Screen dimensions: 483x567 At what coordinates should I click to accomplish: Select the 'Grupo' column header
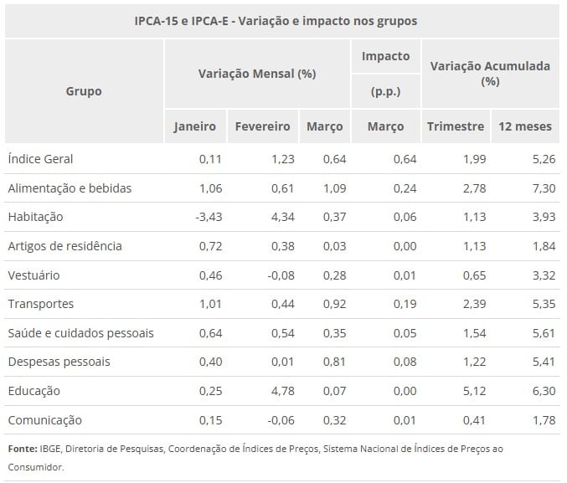(84, 90)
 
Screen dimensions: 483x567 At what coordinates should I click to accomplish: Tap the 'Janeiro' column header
(194, 126)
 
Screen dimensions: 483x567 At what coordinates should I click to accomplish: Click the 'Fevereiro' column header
(262, 126)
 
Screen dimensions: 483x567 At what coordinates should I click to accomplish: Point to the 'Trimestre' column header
(456, 126)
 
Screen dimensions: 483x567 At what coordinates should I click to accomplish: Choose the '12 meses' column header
(525, 126)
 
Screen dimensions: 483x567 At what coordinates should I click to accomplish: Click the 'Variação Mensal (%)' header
(256, 73)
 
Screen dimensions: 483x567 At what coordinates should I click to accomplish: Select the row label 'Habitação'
(35, 217)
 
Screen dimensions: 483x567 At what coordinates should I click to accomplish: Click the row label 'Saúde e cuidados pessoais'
(80, 333)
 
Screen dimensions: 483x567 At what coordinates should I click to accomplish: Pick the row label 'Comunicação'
(44, 420)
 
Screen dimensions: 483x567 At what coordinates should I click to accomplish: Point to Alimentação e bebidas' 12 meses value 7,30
(543, 188)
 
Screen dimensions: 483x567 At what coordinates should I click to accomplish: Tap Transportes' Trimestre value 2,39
(472, 304)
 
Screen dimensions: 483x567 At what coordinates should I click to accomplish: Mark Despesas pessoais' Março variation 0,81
(332, 362)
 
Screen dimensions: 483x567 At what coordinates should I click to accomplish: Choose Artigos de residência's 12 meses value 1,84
(543, 246)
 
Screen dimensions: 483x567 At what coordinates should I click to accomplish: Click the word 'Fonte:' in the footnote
(23, 449)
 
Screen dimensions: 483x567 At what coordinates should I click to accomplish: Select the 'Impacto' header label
(385, 56)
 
